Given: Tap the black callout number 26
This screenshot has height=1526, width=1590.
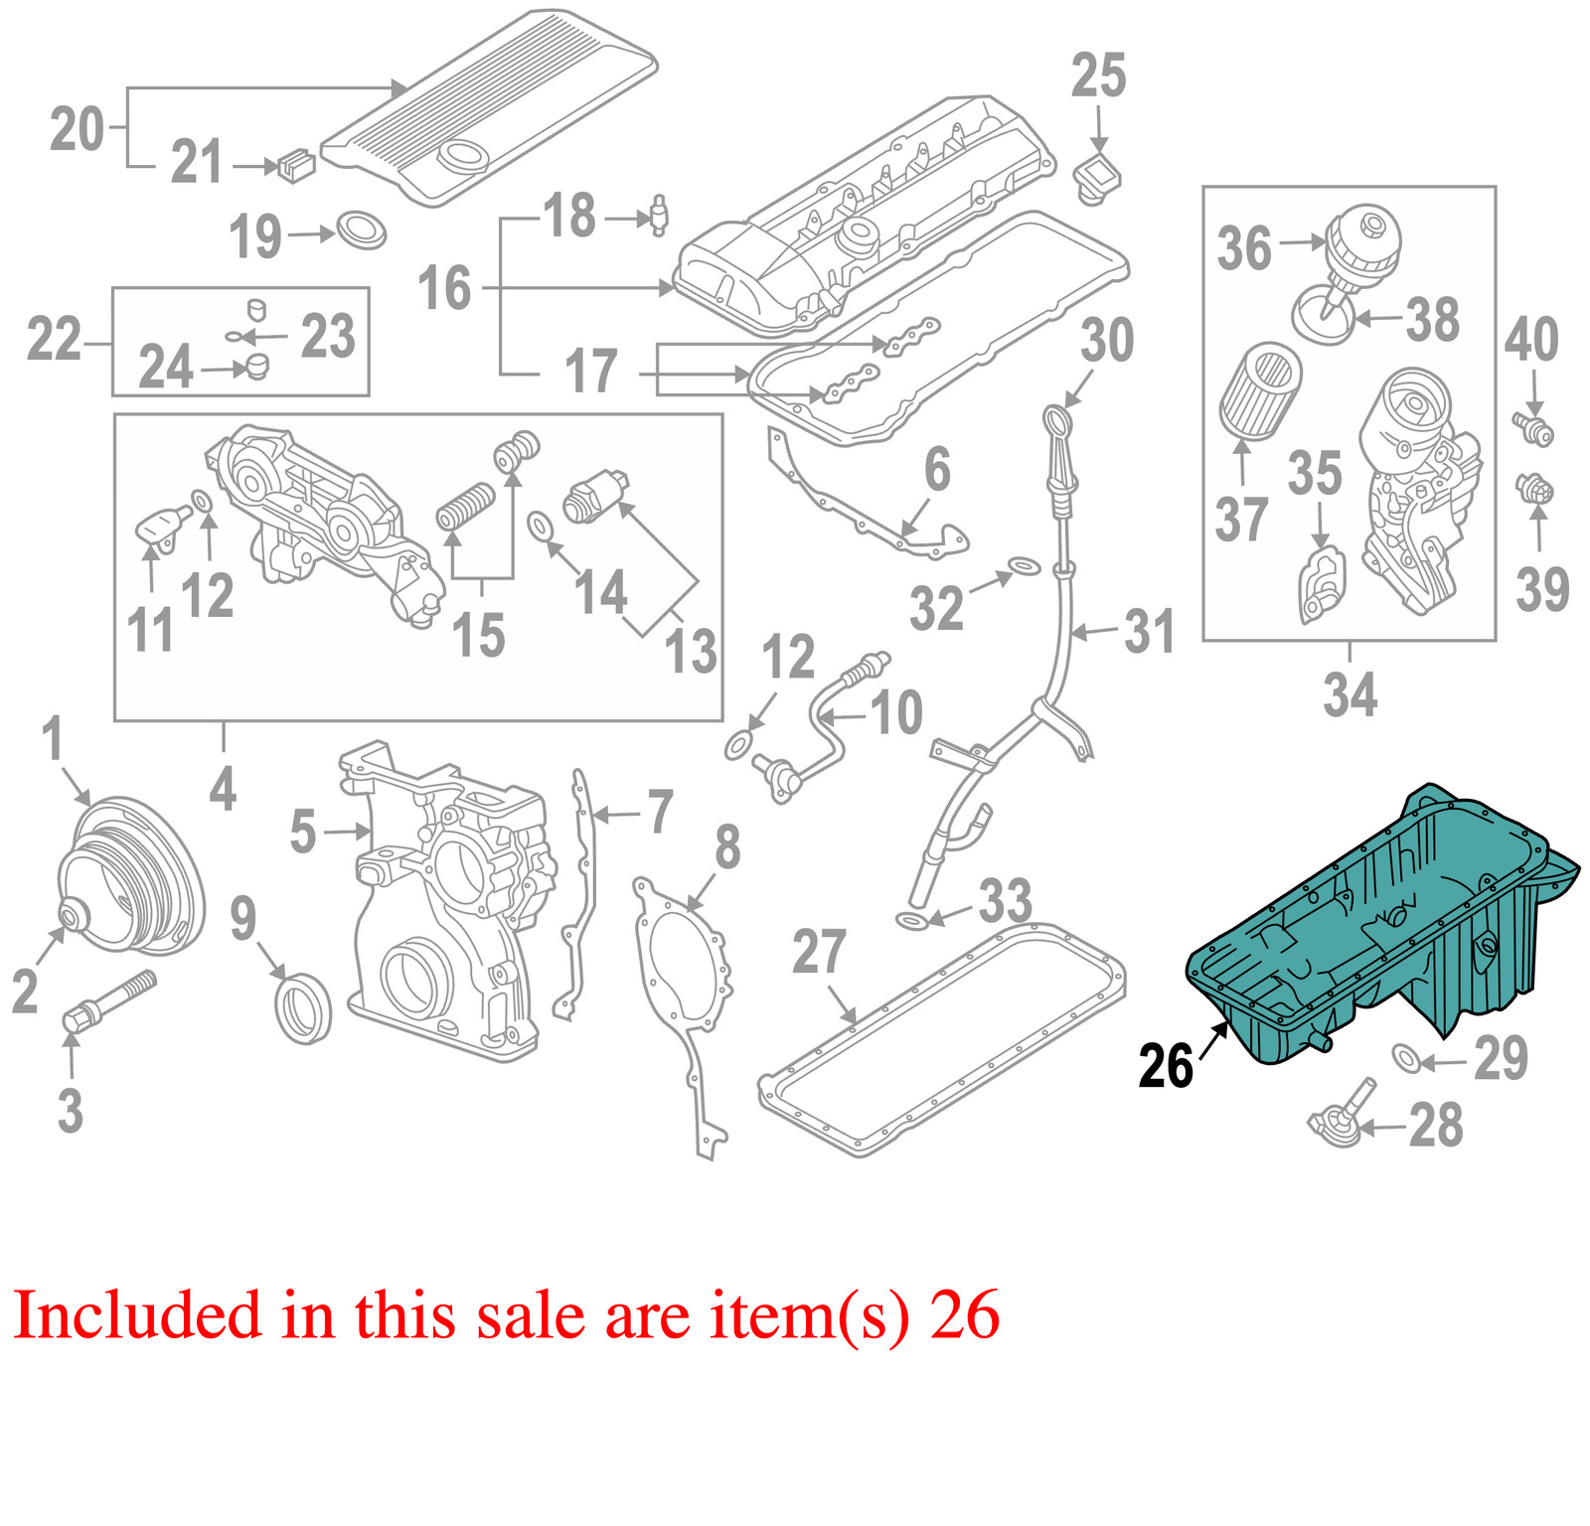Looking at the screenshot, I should (1165, 1066).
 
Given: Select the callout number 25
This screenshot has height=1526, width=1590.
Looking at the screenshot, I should (1098, 76).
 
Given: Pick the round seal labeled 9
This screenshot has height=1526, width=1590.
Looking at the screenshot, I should (303, 1008).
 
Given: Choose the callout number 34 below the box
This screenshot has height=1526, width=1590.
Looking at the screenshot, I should (1350, 694).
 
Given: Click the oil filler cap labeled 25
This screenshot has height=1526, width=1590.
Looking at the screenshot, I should (1097, 180).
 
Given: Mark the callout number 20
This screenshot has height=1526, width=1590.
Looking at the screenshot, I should (77, 130).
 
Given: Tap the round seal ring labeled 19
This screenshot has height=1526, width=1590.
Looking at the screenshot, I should (361, 229).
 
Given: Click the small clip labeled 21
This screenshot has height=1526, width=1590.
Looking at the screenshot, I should (296, 165).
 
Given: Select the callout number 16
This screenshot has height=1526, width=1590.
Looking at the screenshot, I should (443, 289).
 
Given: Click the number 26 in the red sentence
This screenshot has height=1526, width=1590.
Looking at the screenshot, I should (965, 1315).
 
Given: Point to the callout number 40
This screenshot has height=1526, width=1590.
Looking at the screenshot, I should (1530, 340).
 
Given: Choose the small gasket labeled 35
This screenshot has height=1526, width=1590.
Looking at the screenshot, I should (1321, 586).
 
